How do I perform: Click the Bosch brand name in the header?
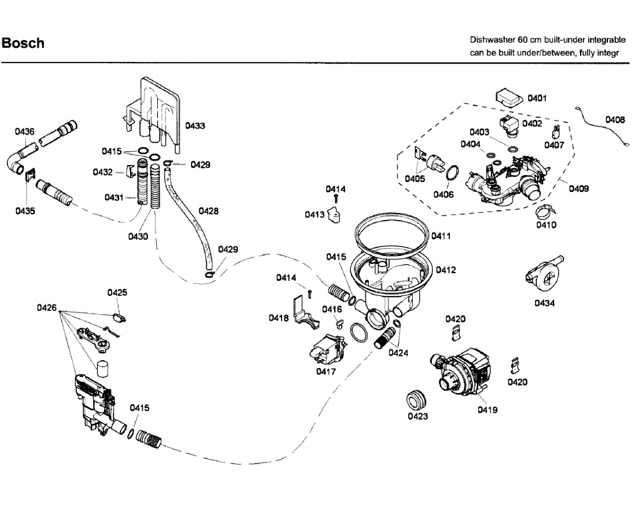(x=23, y=43)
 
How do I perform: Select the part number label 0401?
(x=537, y=98)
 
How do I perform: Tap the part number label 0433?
(x=195, y=125)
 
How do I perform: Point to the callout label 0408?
(x=615, y=120)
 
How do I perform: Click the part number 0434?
(x=545, y=303)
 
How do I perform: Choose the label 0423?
(x=418, y=416)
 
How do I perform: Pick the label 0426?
(x=47, y=308)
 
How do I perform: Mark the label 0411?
(x=441, y=236)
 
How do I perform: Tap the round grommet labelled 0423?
(x=416, y=399)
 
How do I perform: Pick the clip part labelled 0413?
(x=334, y=215)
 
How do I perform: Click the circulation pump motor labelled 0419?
(x=461, y=371)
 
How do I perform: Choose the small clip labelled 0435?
(x=30, y=174)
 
